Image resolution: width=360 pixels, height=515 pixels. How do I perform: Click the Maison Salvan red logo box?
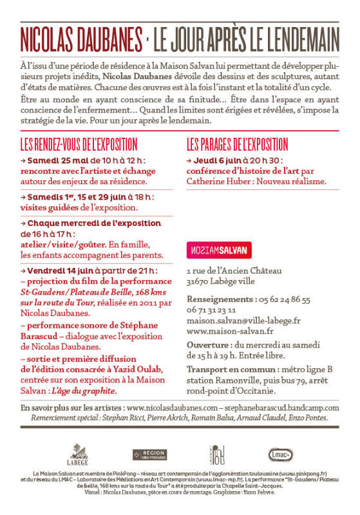tap(219, 250)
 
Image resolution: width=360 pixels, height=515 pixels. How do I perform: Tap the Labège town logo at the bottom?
tap(77, 454)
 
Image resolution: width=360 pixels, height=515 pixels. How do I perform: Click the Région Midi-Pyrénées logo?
tap(149, 454)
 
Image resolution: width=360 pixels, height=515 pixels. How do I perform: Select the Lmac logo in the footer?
tap(281, 454)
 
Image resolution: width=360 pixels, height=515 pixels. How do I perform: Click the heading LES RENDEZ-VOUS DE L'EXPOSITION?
tap(79, 144)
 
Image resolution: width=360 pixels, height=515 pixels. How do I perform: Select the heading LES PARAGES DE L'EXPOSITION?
tap(238, 144)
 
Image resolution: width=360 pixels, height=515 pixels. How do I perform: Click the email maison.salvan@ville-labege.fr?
tap(243, 320)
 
